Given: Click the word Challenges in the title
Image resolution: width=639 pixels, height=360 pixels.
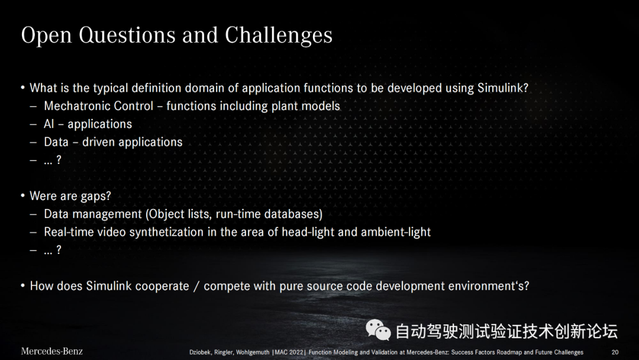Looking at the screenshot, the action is [x=278, y=36].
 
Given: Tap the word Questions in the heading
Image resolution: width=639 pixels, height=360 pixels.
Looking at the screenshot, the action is [x=127, y=36].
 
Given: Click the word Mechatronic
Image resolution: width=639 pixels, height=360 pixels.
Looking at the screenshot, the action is [x=71, y=106].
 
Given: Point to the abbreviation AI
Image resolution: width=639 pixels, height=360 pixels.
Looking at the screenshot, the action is [x=49, y=124].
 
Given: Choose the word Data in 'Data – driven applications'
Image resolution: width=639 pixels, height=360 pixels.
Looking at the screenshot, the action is [x=56, y=142].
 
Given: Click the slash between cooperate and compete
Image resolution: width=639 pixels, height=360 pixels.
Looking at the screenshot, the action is [x=196, y=286].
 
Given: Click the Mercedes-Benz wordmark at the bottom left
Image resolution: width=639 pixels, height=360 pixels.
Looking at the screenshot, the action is [x=51, y=352].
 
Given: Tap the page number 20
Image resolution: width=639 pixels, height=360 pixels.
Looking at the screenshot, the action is [x=615, y=352].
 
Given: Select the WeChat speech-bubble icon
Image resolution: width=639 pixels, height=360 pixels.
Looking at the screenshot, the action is [x=378, y=330].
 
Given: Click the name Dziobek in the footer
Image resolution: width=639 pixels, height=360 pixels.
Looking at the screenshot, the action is [x=200, y=352].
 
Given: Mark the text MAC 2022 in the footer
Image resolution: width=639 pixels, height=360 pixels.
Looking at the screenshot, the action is [x=289, y=352].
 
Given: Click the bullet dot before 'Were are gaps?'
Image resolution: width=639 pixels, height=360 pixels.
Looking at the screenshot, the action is [x=23, y=196].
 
